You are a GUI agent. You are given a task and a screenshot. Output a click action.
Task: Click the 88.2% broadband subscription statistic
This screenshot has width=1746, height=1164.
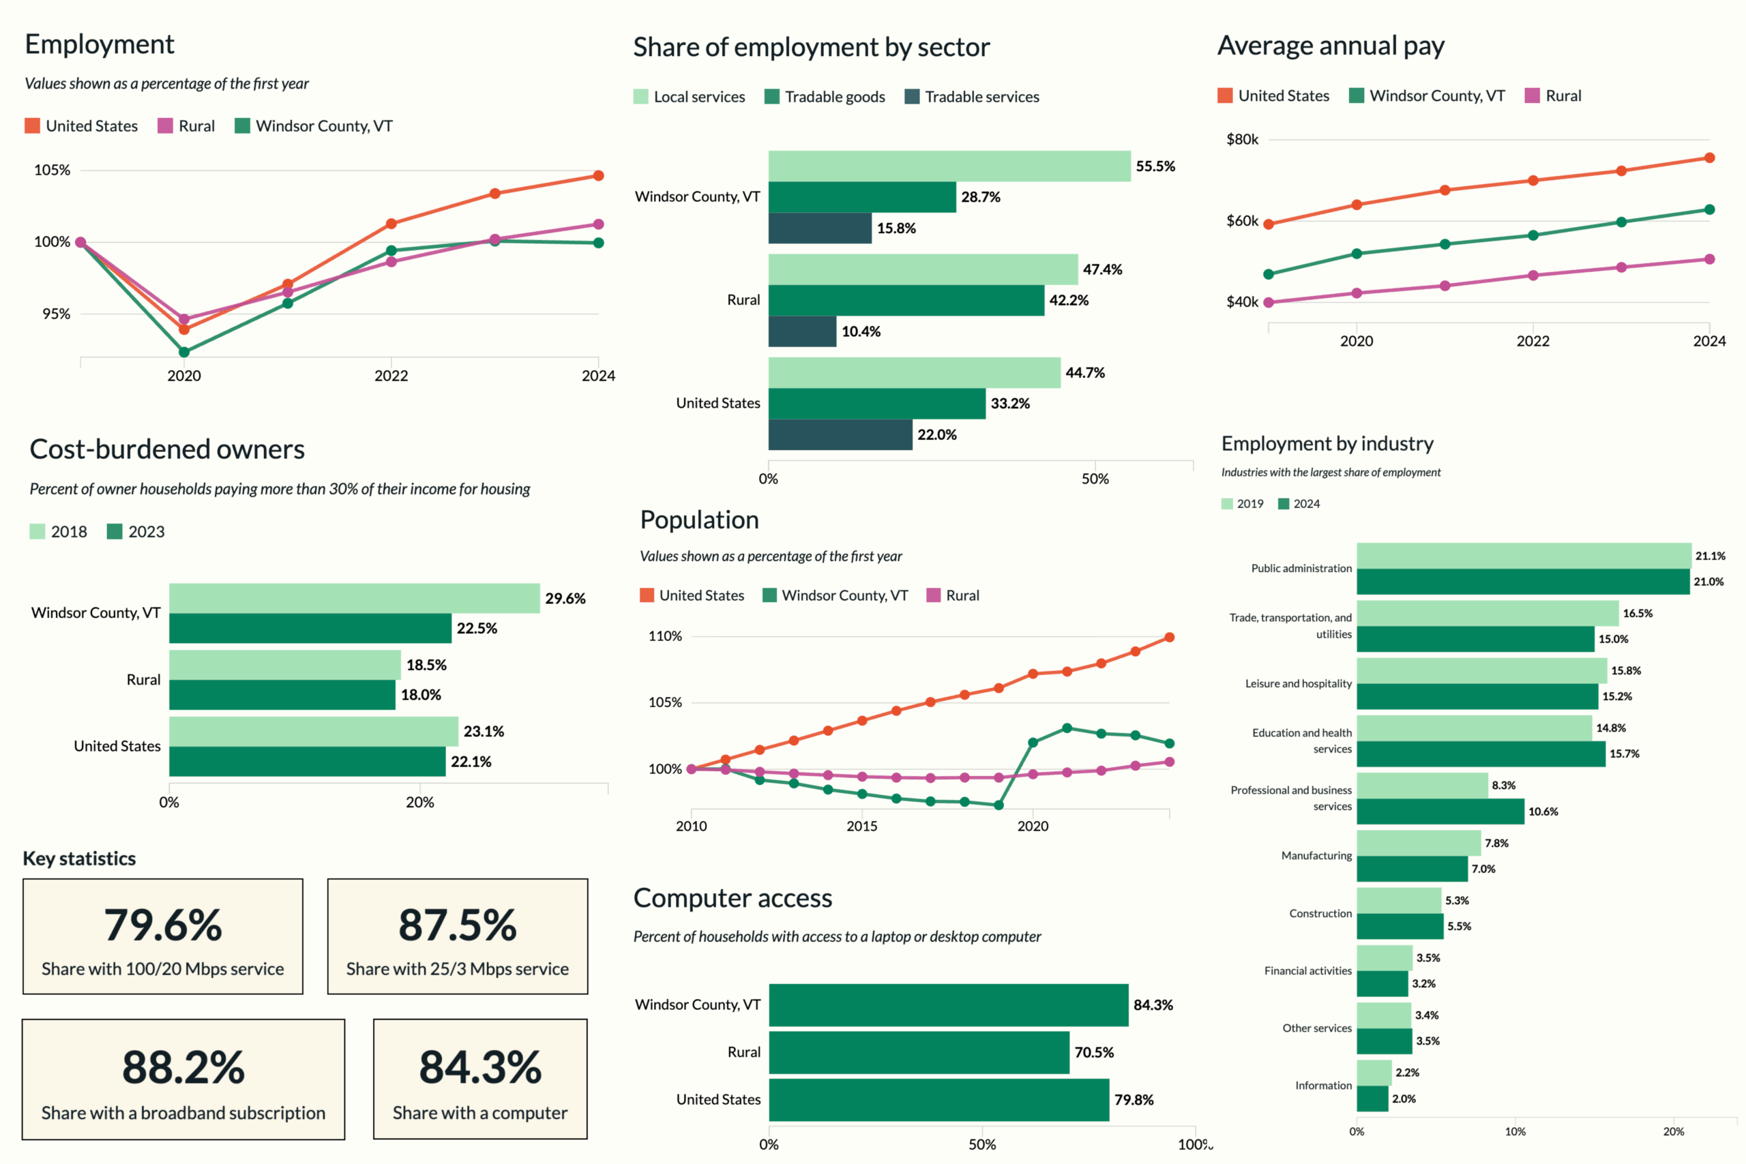point(183,1066)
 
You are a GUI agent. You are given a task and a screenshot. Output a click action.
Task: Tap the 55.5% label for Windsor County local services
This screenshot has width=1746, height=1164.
point(1155,166)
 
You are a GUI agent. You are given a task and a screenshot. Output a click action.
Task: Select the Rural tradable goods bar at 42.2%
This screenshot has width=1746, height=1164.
point(906,301)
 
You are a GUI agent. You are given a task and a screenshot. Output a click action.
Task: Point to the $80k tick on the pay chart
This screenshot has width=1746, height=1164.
point(1242,140)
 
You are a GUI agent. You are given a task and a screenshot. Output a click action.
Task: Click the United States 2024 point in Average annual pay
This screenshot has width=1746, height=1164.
point(1709,158)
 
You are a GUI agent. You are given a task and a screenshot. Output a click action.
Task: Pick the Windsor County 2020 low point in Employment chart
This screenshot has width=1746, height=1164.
point(184,352)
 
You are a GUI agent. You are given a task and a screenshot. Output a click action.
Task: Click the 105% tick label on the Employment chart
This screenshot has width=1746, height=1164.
point(52,170)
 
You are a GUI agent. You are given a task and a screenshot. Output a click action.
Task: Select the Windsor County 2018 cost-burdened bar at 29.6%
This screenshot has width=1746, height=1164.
point(354,598)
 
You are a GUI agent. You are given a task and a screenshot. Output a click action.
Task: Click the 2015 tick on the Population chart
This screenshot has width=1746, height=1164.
point(862,826)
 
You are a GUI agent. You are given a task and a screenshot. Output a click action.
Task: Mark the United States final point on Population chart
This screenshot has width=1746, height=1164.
point(1169,637)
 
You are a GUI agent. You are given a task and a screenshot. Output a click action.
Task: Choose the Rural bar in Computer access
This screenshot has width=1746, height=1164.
point(918,1052)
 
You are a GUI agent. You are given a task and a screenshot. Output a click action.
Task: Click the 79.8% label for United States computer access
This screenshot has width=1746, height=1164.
point(1134,1099)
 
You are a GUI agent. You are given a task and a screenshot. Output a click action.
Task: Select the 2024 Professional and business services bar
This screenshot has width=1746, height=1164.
point(1440,811)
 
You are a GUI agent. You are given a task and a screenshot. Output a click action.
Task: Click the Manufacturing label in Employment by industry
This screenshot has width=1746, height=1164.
point(1316,856)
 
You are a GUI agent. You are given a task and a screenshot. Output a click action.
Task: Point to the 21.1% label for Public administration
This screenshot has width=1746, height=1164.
point(1710,556)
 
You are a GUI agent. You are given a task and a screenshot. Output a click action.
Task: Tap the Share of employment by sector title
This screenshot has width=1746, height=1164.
point(811,47)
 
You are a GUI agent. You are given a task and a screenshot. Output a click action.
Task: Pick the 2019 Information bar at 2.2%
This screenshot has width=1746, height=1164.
point(1374,1073)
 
